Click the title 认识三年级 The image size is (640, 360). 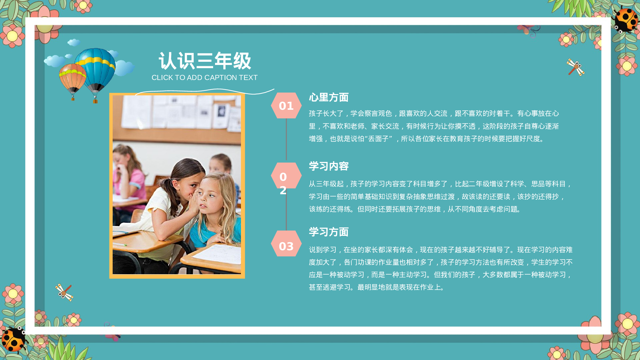tap(205, 61)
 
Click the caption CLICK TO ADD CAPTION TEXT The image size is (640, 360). tap(204, 78)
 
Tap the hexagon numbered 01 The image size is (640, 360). tap(286, 106)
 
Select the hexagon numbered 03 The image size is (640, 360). tap(286, 246)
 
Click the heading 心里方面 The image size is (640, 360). tap(329, 98)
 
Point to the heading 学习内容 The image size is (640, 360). tap(329, 166)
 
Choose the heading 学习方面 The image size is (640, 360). tap(329, 232)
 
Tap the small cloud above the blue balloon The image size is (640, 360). tap(74, 42)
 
